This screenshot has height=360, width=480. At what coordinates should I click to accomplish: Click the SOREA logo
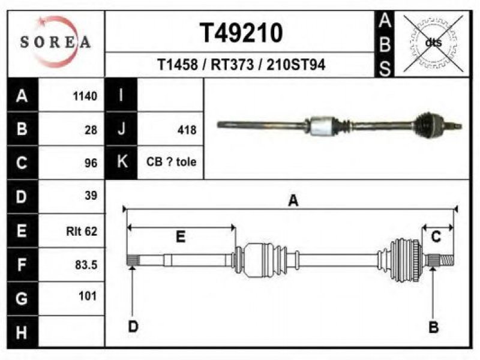pyautogui.click(x=55, y=42)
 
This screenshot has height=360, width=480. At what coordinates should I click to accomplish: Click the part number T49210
pyautogui.click(x=241, y=33)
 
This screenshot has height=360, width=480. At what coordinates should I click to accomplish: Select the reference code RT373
pyautogui.click(x=232, y=65)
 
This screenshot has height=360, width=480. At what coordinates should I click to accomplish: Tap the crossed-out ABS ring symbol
pyautogui.click(x=433, y=43)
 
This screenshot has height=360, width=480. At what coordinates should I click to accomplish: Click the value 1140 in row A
pyautogui.click(x=85, y=96)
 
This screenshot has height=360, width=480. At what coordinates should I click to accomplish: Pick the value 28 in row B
pyautogui.click(x=91, y=130)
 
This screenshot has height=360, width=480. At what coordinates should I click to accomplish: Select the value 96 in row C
pyautogui.click(x=91, y=163)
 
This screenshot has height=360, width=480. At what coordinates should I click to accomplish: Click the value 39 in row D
pyautogui.click(x=91, y=196)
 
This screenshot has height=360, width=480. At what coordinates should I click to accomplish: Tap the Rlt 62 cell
pyautogui.click(x=82, y=231)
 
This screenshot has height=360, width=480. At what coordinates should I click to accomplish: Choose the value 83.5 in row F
pyautogui.click(x=86, y=265)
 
